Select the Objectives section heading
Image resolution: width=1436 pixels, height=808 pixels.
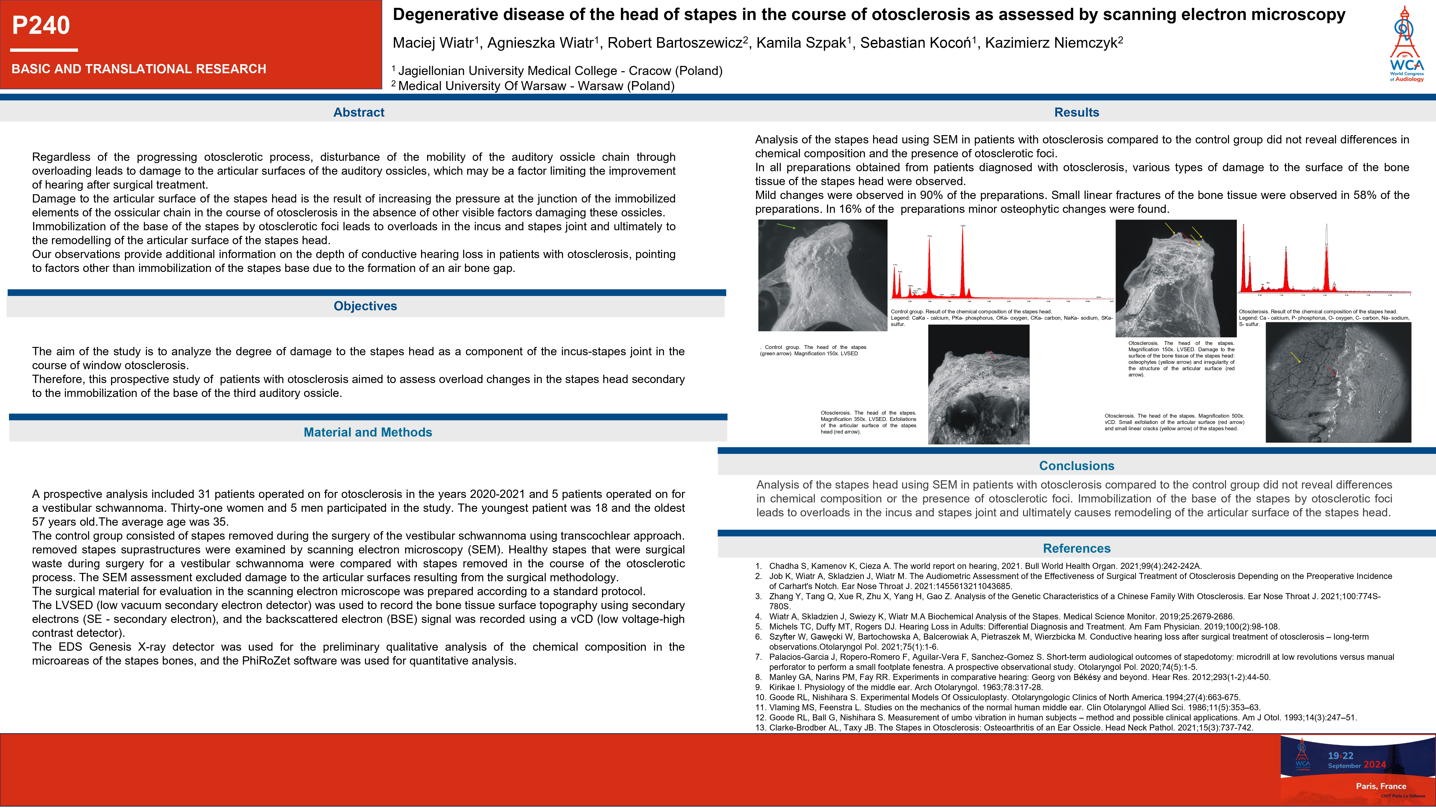[x=365, y=306]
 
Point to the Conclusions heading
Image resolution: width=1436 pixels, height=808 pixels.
[x=1077, y=466]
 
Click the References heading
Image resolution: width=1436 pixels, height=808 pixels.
[x=1077, y=548]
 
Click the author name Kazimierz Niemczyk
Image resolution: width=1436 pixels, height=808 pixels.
[x=1054, y=43]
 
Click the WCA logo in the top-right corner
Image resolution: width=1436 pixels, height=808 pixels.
[x=1406, y=45]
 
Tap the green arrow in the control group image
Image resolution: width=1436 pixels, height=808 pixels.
[x=786, y=226]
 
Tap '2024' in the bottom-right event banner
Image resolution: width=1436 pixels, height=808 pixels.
[x=1374, y=765]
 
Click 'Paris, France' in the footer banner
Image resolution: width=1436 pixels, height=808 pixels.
[x=1381, y=786]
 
